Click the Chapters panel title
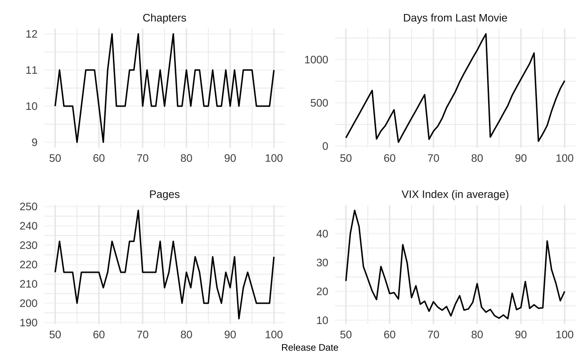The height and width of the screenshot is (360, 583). pyautogui.click(x=164, y=18)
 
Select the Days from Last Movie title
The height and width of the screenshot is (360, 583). pyautogui.click(x=455, y=18)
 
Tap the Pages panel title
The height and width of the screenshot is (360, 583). pyautogui.click(x=164, y=194)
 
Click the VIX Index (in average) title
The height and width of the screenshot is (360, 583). pyautogui.click(x=455, y=194)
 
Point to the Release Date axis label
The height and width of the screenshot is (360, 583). pyautogui.click(x=309, y=348)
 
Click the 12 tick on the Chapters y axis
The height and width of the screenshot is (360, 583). pyautogui.click(x=37, y=34)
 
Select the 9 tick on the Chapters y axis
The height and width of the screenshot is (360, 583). pyautogui.click(x=40, y=142)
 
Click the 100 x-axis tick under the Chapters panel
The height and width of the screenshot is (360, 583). pyautogui.click(x=274, y=158)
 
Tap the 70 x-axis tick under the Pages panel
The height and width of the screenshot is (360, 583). pyautogui.click(x=143, y=334)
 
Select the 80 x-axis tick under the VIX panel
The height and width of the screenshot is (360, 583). pyautogui.click(x=477, y=334)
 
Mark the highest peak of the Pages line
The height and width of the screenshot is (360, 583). pyautogui.click(x=138, y=210)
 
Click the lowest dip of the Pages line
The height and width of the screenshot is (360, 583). pyautogui.click(x=239, y=319)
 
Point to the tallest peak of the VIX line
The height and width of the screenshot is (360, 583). pyautogui.click(x=354, y=210)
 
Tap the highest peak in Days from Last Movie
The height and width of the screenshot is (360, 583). pyautogui.click(x=486, y=34)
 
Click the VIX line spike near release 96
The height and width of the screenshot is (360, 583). pyautogui.click(x=547, y=241)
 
